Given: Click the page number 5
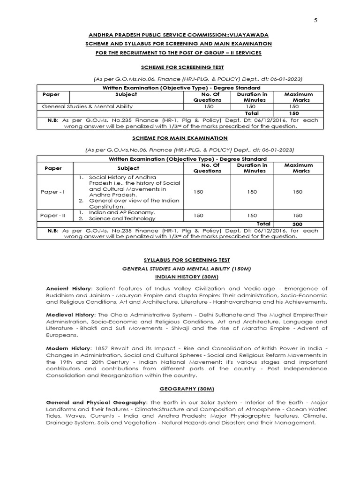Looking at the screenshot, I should [x=315, y=20].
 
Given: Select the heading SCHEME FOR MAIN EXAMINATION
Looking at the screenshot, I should [x=180, y=138].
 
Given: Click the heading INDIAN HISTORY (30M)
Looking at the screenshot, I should [x=180, y=277].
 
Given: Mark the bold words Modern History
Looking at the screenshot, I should [x=67, y=349].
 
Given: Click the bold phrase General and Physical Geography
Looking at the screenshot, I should [x=96, y=403].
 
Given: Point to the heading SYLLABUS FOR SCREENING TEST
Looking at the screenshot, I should [x=180, y=260].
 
